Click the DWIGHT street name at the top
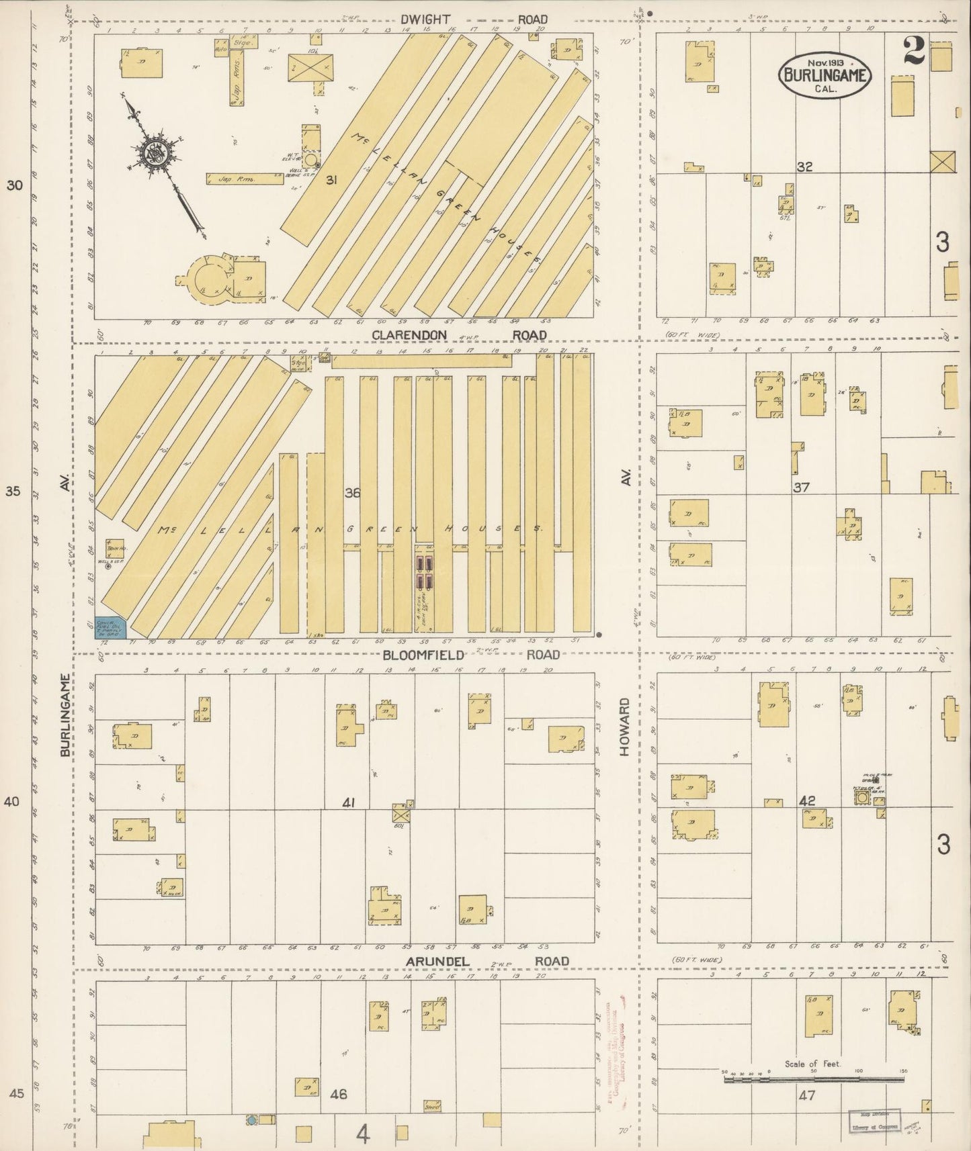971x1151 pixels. pos(425,19)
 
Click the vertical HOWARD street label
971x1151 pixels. pos(625,727)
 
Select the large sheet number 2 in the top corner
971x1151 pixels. pos(914,51)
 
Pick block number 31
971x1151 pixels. pos(330,179)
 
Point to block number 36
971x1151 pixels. pos(352,493)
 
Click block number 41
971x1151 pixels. pos(347,802)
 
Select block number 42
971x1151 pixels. pos(807,800)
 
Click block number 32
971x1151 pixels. pos(804,167)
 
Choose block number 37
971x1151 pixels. pos(800,488)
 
